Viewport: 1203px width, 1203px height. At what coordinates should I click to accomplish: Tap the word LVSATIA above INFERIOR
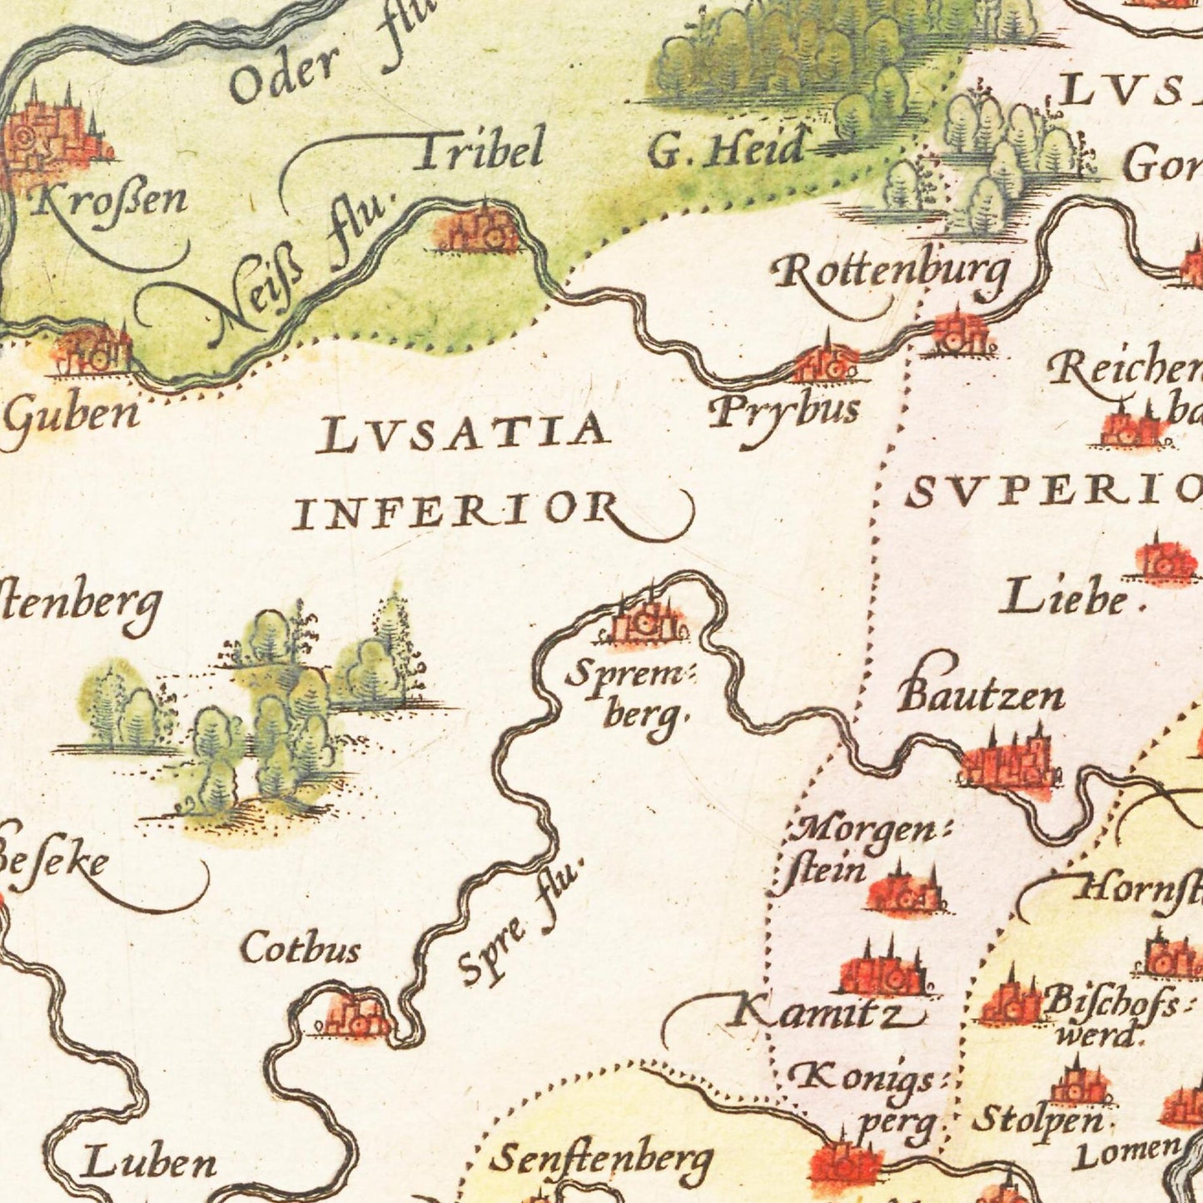(x=463, y=434)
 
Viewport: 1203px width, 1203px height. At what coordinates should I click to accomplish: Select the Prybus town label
(x=783, y=411)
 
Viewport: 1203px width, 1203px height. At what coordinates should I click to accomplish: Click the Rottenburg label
(x=891, y=273)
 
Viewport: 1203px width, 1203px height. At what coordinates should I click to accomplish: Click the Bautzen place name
(x=981, y=695)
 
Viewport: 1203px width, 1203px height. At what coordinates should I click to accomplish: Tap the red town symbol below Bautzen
(x=1007, y=762)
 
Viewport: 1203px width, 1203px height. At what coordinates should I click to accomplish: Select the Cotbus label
(x=301, y=948)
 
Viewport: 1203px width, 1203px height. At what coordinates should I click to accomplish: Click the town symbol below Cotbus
(x=356, y=1016)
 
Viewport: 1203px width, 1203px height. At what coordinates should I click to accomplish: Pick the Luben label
(x=147, y=1163)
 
